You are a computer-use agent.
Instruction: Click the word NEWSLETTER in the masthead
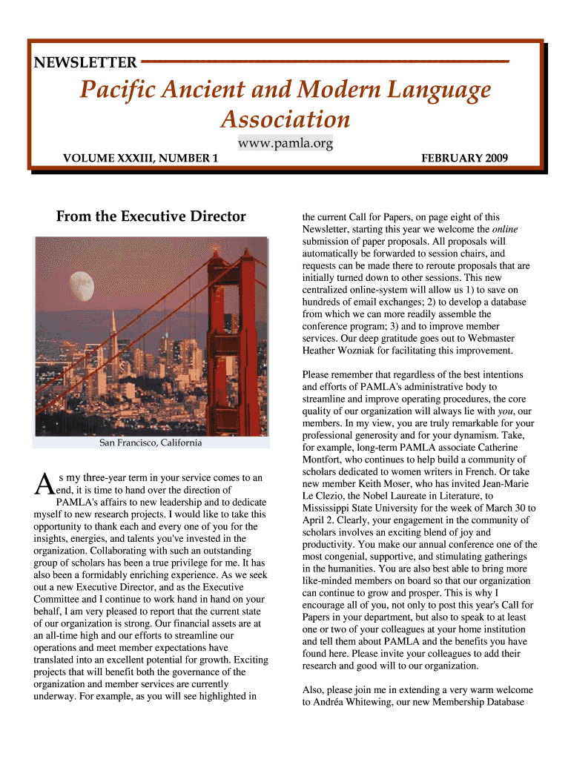[85, 62]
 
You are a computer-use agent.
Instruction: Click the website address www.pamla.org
[285, 143]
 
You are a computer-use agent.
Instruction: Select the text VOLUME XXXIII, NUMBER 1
[140, 158]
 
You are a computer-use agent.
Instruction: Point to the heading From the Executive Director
[151, 216]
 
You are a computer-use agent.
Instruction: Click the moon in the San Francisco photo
[80, 282]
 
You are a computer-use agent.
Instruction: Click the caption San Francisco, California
[151, 443]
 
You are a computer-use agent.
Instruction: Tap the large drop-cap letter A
[44, 484]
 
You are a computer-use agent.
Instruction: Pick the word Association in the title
[285, 119]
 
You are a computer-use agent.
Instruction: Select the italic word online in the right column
[505, 229]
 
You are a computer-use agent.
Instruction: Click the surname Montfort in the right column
[323, 460]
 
